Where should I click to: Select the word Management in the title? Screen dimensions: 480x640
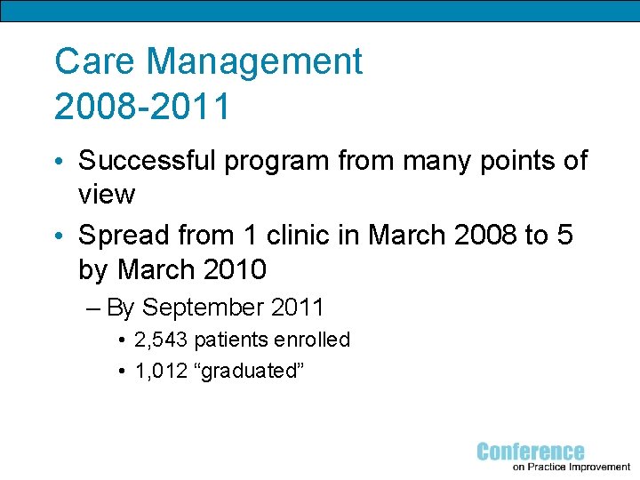(x=253, y=62)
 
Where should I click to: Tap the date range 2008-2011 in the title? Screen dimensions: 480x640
(x=142, y=106)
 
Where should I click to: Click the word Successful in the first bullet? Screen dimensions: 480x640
(x=147, y=161)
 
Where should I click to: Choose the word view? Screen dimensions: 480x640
(x=107, y=194)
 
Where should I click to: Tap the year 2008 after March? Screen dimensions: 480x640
(x=480, y=235)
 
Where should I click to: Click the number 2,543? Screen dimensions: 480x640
(x=161, y=340)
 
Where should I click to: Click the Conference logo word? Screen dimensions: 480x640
(x=531, y=452)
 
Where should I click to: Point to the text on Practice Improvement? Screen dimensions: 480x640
(x=572, y=468)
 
